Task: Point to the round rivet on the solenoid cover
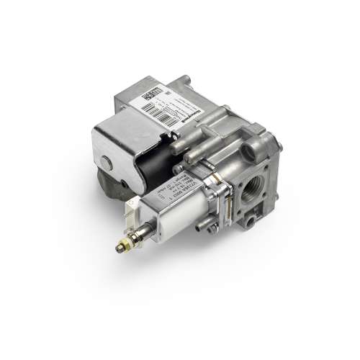point(106,162)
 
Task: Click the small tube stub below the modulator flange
point(210,228)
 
